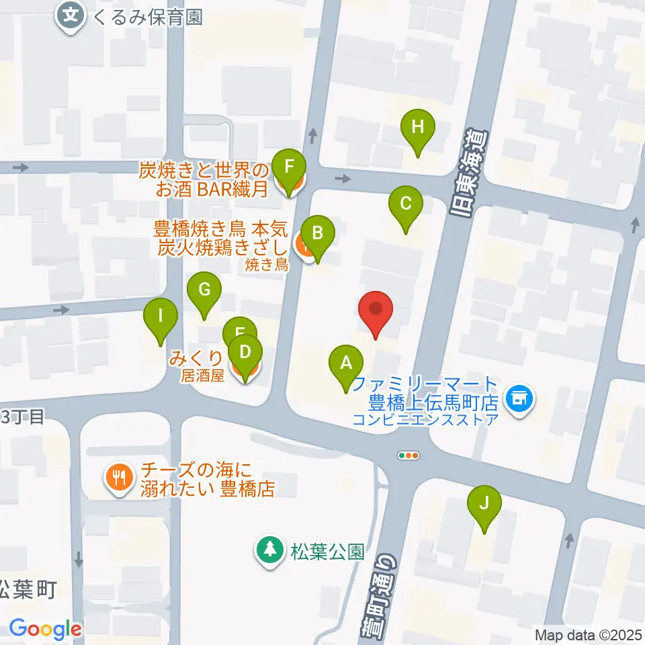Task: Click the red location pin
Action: pyautogui.click(x=376, y=310)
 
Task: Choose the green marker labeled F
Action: pyautogui.click(x=290, y=167)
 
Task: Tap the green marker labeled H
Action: pyautogui.click(x=418, y=127)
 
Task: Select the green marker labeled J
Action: pyautogui.click(x=485, y=503)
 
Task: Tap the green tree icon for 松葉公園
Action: pyautogui.click(x=270, y=550)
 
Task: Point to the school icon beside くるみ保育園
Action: pyautogui.click(x=71, y=14)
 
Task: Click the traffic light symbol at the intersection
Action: pyautogui.click(x=408, y=456)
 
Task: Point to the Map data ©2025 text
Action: pyautogui.click(x=589, y=635)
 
